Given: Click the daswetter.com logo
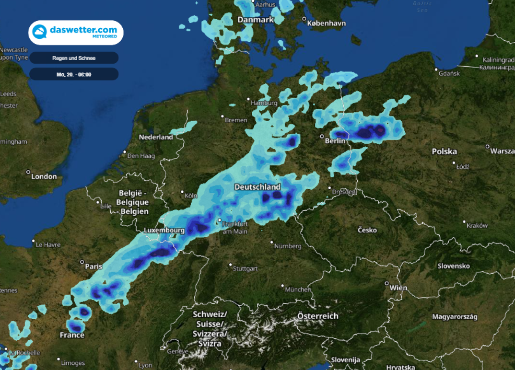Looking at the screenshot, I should click(76, 32).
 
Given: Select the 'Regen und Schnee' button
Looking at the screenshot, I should click(74, 58).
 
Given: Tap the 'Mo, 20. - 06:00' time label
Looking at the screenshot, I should click(74, 74).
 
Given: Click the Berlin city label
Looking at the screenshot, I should click(335, 141).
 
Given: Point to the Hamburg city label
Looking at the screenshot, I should click(264, 103).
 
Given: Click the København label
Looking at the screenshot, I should click(326, 23).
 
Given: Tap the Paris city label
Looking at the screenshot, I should click(93, 266).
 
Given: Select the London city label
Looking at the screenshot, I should click(44, 176).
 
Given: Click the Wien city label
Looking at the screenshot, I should click(398, 288).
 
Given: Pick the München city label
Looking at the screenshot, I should click(298, 289).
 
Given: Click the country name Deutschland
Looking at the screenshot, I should click(257, 187).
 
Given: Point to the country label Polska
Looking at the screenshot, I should click(444, 151).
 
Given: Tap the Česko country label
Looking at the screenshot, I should click(367, 230).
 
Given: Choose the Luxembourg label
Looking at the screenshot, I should click(164, 230).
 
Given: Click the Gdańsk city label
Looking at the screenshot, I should click(450, 73).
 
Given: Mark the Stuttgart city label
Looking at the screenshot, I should click(245, 269).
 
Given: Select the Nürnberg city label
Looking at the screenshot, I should click(288, 246).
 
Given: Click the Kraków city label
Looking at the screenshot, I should click(477, 225).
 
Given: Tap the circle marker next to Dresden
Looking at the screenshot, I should click(329, 188).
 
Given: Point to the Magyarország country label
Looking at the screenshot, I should click(455, 317).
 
